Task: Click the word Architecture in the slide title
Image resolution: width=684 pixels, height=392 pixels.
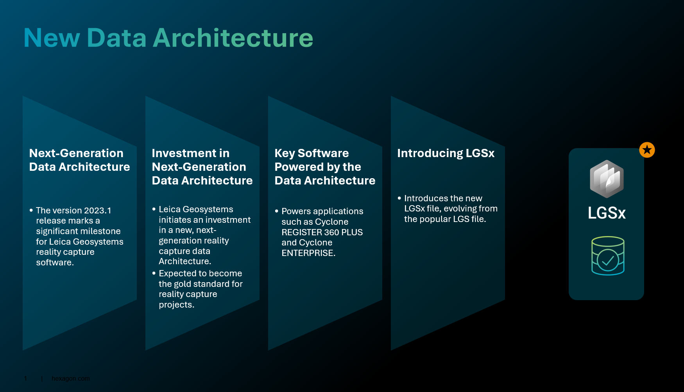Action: [233, 38]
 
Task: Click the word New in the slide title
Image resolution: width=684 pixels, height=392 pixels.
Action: [52, 38]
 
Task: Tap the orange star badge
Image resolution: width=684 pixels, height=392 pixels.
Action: [647, 150]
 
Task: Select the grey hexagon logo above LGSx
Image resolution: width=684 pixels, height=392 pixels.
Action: [607, 179]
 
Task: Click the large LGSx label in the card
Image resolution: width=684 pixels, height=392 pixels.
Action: [607, 213]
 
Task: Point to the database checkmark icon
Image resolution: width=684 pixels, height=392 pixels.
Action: [608, 256]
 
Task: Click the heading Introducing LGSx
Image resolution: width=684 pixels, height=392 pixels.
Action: [446, 153]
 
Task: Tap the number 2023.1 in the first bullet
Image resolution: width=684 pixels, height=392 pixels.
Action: [97, 211]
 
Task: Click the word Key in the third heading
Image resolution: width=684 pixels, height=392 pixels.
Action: [284, 153]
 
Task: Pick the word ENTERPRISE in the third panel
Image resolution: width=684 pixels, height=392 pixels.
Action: [308, 253]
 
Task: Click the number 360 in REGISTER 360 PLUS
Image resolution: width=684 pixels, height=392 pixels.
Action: [331, 233]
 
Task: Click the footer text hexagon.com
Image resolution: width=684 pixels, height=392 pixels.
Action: [70, 378]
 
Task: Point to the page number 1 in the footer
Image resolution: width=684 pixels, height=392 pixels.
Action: [25, 378]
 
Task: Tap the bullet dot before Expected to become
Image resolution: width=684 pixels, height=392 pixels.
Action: [154, 273]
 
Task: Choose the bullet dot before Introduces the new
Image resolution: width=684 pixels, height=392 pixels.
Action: [399, 198]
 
